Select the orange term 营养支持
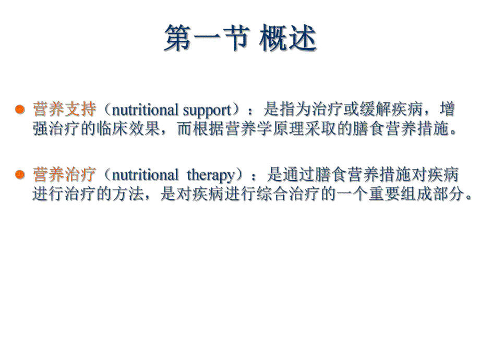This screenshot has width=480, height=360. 64,110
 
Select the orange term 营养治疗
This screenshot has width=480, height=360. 64,174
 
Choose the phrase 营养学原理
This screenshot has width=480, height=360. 256,129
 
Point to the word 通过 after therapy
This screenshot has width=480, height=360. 295,174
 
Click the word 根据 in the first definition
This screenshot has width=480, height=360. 208,129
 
